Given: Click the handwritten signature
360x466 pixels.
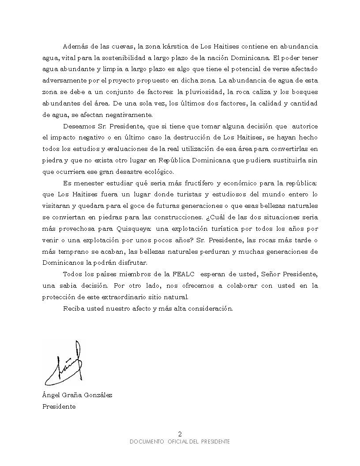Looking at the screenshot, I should [64, 364].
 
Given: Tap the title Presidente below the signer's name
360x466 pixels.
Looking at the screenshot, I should [59, 407].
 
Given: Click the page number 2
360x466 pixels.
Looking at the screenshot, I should [180, 433].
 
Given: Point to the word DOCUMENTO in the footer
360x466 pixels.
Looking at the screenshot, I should [147, 442].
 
